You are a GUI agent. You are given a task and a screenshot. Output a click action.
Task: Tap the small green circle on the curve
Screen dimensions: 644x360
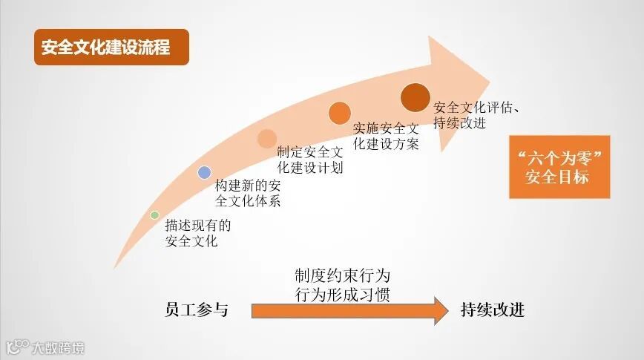pos(154,215)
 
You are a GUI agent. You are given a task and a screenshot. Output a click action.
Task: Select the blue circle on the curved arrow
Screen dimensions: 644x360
pos(205,172)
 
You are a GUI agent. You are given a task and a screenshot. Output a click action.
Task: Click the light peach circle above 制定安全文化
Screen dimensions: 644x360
pos(267,138)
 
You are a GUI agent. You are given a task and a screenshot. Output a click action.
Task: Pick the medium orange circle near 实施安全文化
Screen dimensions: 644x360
pos(340,113)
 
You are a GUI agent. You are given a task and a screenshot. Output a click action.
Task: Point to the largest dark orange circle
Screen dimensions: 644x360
pos(415,96)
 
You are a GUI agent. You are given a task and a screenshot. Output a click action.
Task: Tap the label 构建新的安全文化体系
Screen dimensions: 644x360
pos(248,192)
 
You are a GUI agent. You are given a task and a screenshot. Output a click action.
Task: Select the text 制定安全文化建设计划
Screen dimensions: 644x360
pos(310,160)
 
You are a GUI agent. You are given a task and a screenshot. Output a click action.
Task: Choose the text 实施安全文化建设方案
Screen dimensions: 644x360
pos(387,134)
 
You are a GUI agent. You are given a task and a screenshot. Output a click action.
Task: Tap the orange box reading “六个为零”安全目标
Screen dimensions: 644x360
pos(559,167)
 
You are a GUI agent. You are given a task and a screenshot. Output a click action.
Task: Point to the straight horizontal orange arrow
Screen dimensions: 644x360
pos(349,310)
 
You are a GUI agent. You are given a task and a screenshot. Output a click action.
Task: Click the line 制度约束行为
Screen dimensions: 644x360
pos(342,276)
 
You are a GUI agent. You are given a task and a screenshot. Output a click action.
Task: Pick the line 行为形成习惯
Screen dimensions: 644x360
pos(342,294)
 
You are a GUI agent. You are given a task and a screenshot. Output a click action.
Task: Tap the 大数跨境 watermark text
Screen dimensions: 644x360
pos(57,347)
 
